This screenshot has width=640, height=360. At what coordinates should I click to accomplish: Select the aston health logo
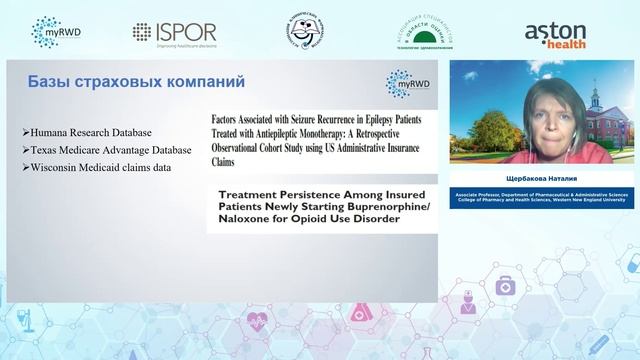coord(555,33)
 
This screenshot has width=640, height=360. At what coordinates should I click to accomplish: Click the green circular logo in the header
coord(433,32)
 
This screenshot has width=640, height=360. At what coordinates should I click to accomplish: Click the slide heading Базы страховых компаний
coord(135,81)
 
